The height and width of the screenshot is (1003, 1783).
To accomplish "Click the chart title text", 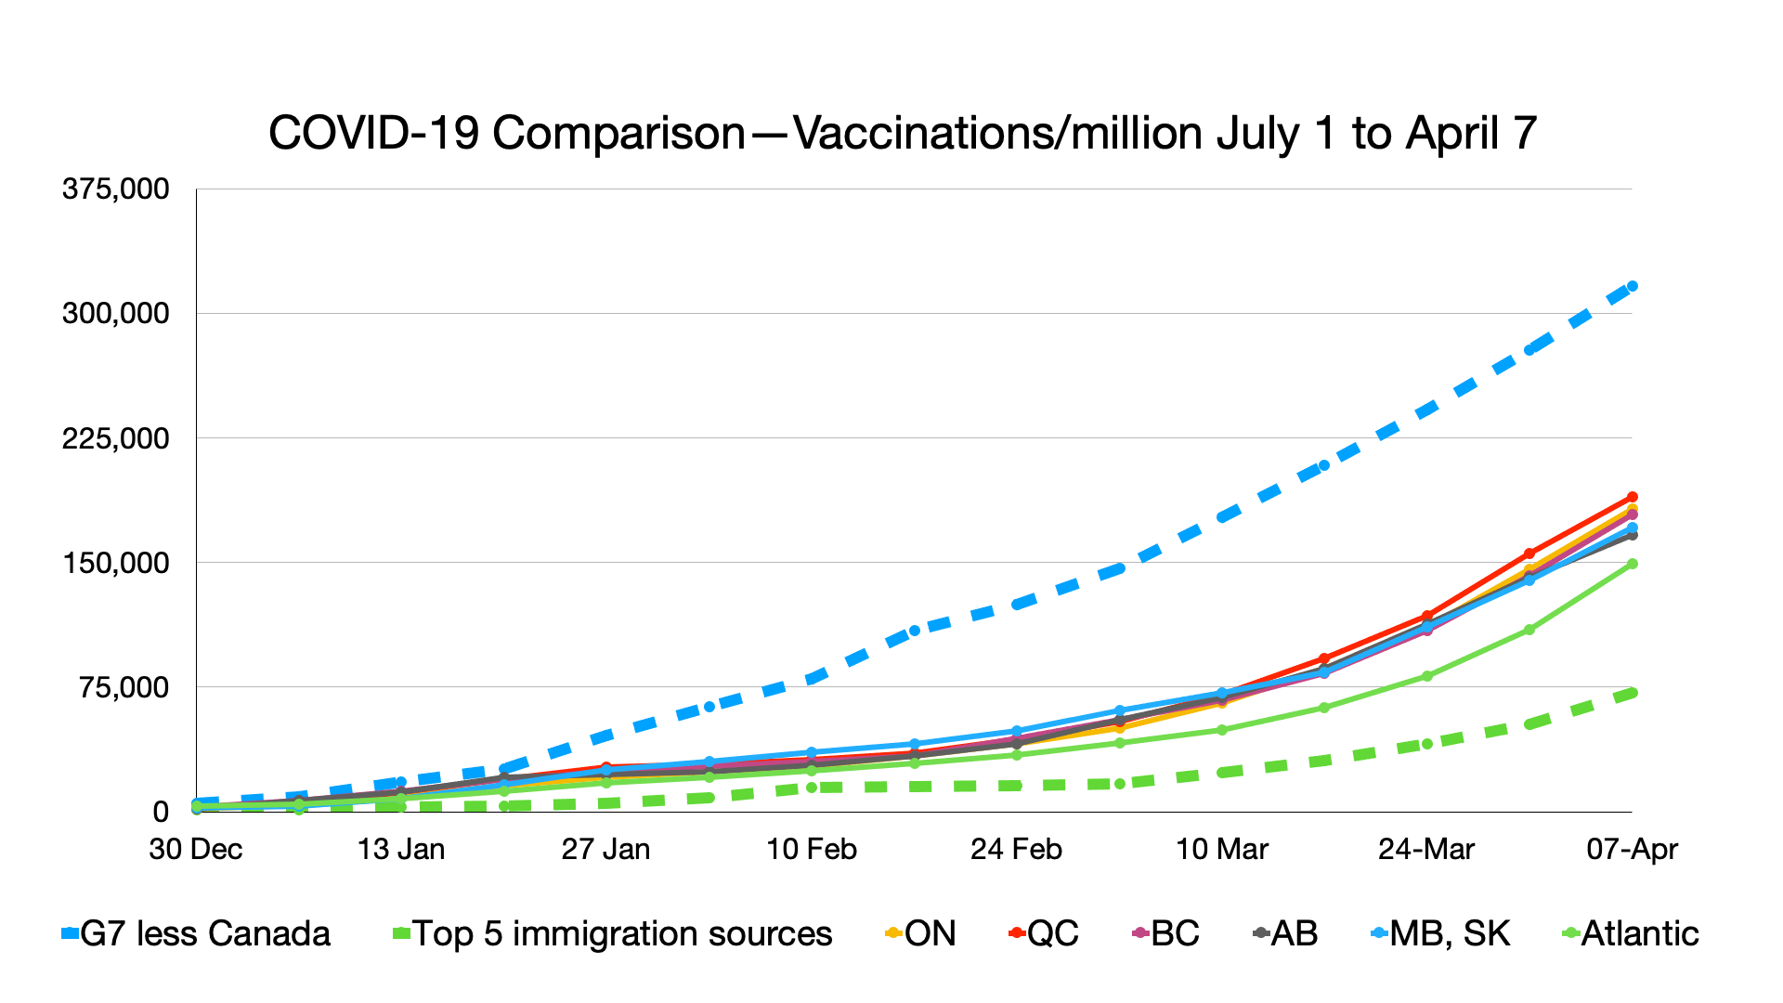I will tap(902, 134).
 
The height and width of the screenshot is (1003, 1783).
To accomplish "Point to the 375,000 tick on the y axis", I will tap(116, 189).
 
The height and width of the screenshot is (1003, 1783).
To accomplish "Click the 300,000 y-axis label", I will tap(116, 314).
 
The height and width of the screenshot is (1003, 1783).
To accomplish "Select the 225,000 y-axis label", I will tap(116, 438).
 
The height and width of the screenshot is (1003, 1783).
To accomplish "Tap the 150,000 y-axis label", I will tap(116, 563).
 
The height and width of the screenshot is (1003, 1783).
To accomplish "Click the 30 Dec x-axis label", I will tap(196, 849).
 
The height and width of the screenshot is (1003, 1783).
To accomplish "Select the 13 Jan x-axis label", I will tap(401, 849).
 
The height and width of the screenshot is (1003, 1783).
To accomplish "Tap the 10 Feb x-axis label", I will tap(812, 849).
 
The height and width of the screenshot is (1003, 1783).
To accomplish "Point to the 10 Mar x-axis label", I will tap(1222, 849).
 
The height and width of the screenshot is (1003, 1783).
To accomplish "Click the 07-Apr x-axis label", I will tap(1633, 849).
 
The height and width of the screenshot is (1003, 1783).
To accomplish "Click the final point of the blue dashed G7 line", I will tap(1633, 286).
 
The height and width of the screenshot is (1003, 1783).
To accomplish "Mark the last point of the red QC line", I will tap(1633, 497).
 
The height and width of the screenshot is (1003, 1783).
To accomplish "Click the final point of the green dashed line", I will tap(1633, 693).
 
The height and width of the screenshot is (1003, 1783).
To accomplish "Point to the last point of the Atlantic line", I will tap(1633, 564).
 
